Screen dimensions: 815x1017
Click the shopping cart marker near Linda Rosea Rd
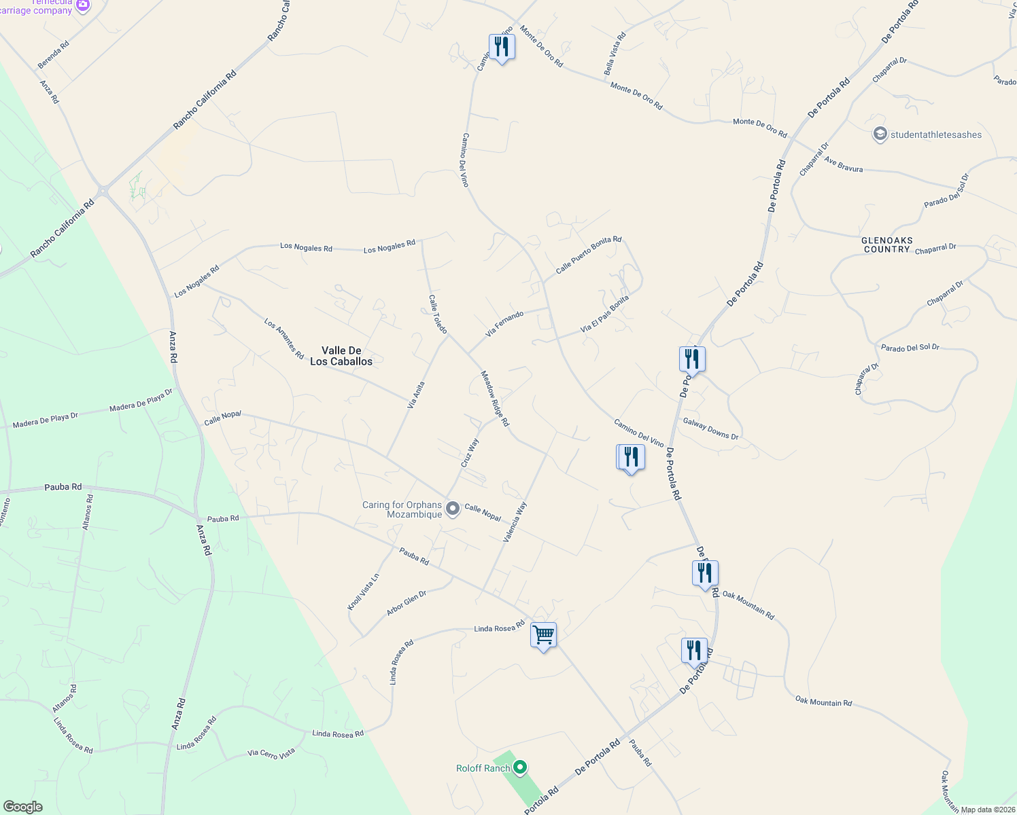coord(543,636)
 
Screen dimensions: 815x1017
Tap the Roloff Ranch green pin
coord(520,767)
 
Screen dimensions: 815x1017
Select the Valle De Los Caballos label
coord(341,356)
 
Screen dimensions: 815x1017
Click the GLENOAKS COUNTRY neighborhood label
coord(886,244)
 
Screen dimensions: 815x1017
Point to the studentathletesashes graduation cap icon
coord(880,134)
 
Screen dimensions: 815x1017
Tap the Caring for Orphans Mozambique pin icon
coord(452,507)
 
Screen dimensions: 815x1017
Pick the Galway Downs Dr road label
coord(710,429)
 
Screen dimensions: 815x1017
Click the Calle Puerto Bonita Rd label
coord(588,255)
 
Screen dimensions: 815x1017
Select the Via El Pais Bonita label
coord(604,314)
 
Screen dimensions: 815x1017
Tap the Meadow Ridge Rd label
coord(495,398)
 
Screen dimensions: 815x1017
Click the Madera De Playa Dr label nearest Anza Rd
coord(141,400)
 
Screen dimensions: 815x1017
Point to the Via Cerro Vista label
coord(271,753)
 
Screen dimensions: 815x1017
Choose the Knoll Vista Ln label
coord(363,592)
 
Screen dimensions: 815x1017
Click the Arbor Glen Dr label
coord(407,603)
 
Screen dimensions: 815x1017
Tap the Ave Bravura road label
coord(843,164)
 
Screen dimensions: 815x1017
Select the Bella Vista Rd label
coord(614,54)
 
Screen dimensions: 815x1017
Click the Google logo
coord(23,807)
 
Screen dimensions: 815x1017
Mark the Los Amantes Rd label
coord(283,339)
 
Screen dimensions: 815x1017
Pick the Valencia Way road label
coord(515,522)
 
